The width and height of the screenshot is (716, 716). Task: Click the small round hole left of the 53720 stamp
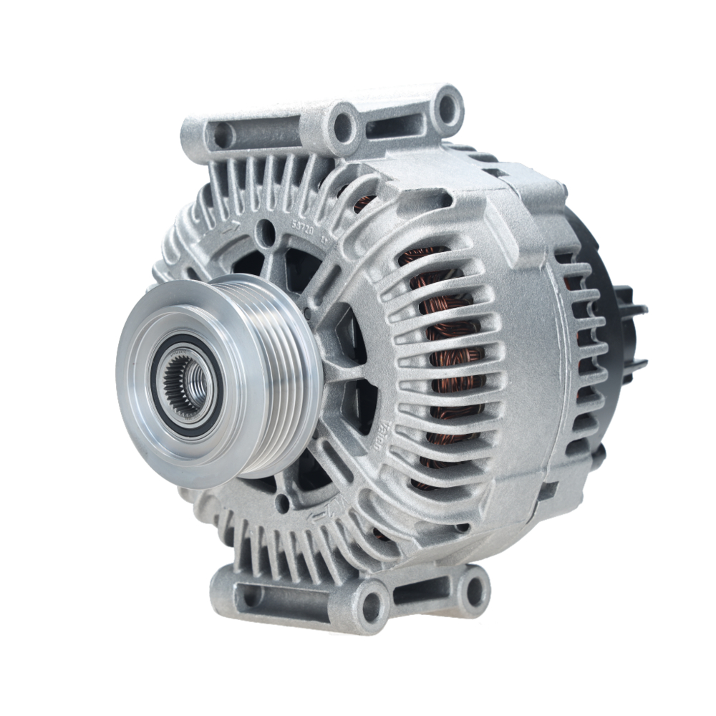tap(267, 231)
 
